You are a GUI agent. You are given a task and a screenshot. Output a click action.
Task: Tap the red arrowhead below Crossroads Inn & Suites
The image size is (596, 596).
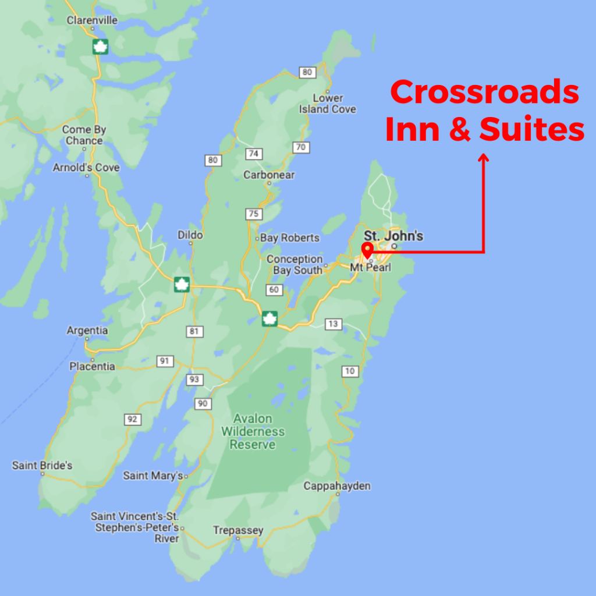[483, 157]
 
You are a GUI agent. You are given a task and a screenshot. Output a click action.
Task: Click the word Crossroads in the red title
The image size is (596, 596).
[484, 93]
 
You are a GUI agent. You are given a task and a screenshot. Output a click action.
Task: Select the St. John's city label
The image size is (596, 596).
[393, 236]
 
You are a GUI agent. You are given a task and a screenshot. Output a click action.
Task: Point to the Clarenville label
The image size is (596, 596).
[92, 20]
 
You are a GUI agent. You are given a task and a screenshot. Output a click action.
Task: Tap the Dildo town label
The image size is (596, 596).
[190, 235]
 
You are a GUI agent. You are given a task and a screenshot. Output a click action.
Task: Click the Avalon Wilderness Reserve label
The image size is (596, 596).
[253, 431]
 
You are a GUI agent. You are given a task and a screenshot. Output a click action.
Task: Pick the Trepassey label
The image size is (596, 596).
[238, 530]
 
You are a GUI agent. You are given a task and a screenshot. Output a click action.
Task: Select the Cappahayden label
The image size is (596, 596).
[337, 486]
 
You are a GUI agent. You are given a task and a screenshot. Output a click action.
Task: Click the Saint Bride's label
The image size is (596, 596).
[42, 466]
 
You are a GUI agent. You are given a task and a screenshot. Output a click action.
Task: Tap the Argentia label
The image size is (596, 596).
[87, 331]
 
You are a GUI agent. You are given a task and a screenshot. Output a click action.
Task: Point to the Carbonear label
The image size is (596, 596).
[269, 175]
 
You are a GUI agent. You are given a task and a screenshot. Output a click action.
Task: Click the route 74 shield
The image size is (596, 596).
[254, 154]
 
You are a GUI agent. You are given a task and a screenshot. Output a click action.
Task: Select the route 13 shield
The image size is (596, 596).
[334, 324]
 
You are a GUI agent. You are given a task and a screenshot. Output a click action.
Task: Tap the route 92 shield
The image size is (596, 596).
[133, 419]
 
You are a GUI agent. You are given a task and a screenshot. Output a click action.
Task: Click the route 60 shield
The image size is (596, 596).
[273, 290]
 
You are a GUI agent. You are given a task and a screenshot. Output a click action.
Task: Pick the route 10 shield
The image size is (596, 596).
[350, 371]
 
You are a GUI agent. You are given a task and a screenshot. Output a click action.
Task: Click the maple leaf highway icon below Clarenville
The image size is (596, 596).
[101, 47]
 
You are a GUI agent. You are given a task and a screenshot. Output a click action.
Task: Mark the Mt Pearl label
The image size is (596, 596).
[371, 267]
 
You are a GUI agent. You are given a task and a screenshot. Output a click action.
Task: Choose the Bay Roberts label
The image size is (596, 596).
[289, 237]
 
